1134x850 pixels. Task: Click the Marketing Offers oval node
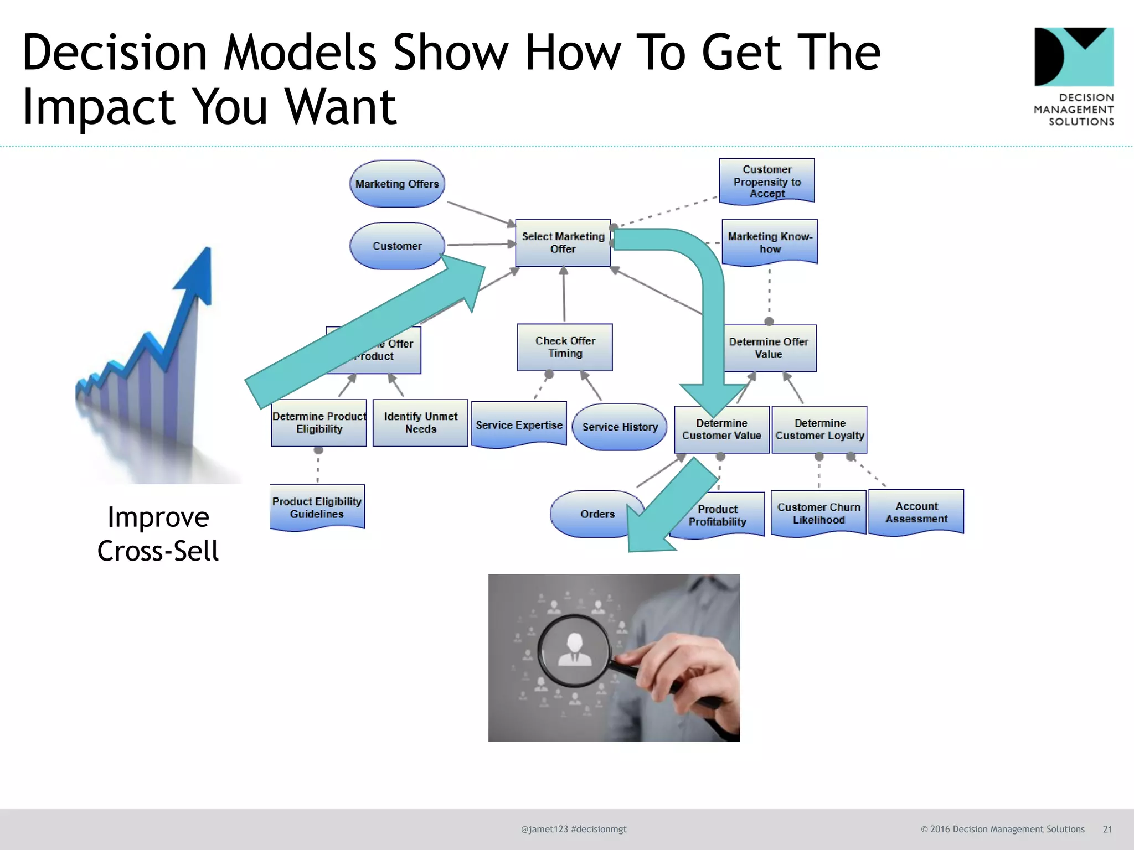[397, 184]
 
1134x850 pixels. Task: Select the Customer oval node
[397, 246]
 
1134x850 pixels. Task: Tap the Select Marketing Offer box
[563, 243]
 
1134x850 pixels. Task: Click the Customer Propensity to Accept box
[767, 181]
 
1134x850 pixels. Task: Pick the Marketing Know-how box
[770, 242]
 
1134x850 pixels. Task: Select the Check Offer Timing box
[565, 347]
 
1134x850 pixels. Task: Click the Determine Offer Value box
[769, 348]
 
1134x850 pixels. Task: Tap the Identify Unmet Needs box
[420, 423]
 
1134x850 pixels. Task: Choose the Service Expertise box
[519, 424]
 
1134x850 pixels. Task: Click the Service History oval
[620, 427]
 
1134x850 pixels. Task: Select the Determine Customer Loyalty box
[819, 429]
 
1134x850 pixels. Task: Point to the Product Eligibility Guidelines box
[317, 507]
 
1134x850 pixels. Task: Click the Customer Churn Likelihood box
[818, 513]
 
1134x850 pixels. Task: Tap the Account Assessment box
[916, 512]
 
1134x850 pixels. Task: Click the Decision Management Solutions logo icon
[1074, 57]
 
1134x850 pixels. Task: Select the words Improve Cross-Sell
[158, 534]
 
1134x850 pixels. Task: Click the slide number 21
[1107, 829]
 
